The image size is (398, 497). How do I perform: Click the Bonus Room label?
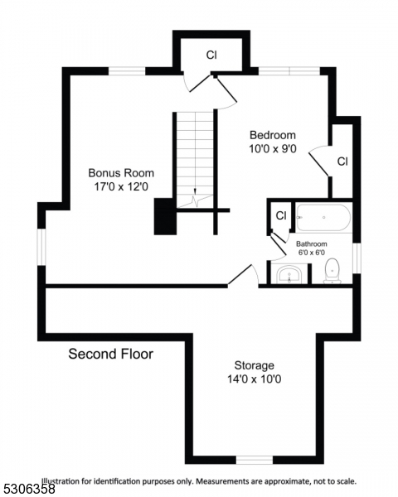(x=121, y=173)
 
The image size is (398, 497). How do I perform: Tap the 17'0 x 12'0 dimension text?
(x=121, y=187)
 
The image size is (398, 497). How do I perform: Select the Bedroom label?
(x=273, y=135)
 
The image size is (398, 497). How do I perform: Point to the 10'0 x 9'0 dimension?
(x=273, y=149)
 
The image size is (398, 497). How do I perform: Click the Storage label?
(x=254, y=365)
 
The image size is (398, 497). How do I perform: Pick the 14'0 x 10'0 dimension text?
(x=254, y=379)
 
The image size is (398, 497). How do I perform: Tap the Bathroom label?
(x=312, y=244)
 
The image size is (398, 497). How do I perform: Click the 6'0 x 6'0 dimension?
(x=312, y=253)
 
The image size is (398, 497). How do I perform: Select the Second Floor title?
(x=110, y=354)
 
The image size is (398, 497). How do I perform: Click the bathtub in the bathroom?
(x=324, y=219)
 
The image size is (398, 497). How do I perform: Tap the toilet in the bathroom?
(x=332, y=269)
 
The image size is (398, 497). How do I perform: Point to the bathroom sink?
(x=288, y=274)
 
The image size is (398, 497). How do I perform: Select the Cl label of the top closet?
(x=211, y=55)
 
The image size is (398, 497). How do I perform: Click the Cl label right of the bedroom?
(x=342, y=161)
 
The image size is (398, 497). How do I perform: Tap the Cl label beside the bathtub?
(x=281, y=215)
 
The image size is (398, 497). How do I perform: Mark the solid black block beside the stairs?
(x=164, y=217)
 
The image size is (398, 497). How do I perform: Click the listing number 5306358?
(x=26, y=490)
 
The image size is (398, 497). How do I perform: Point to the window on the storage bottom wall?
(x=254, y=459)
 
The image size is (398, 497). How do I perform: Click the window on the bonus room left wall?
(x=41, y=251)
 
